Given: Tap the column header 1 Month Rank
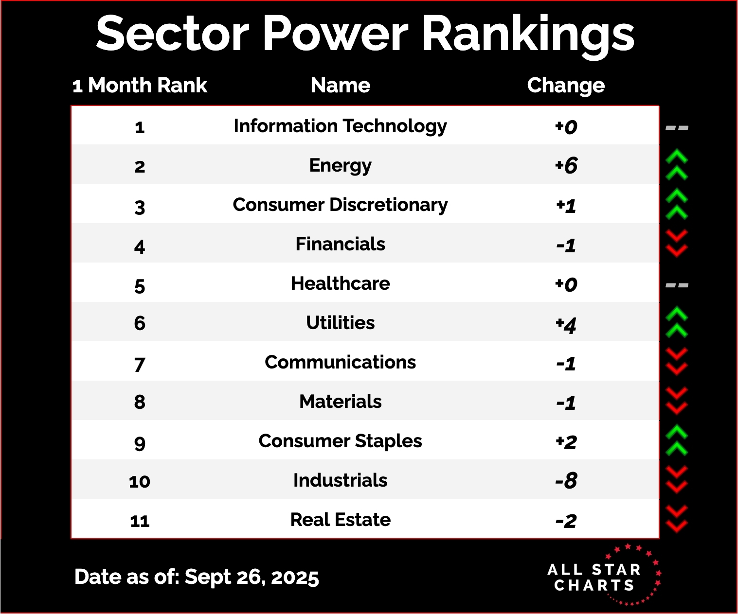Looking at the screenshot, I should [x=140, y=86].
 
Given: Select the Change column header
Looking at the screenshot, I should [x=566, y=86].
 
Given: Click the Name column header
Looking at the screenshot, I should [x=341, y=86].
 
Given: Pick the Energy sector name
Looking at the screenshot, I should [x=341, y=166].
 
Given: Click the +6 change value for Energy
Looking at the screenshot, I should [x=566, y=166].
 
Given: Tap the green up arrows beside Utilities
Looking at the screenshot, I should [x=677, y=322].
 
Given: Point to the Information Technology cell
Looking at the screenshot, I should [x=341, y=126].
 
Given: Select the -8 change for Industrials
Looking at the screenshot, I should [x=566, y=481].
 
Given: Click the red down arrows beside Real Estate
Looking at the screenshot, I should [x=677, y=519].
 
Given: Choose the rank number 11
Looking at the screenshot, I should [x=140, y=521].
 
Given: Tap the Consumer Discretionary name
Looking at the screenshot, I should [x=341, y=205].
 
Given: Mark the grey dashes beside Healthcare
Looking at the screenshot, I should [x=677, y=285].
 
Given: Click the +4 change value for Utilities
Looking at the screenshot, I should [x=566, y=324].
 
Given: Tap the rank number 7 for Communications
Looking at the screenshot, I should [x=140, y=364].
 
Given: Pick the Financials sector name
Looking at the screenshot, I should [x=341, y=244].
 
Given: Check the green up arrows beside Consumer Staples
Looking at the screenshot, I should [x=677, y=440].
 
